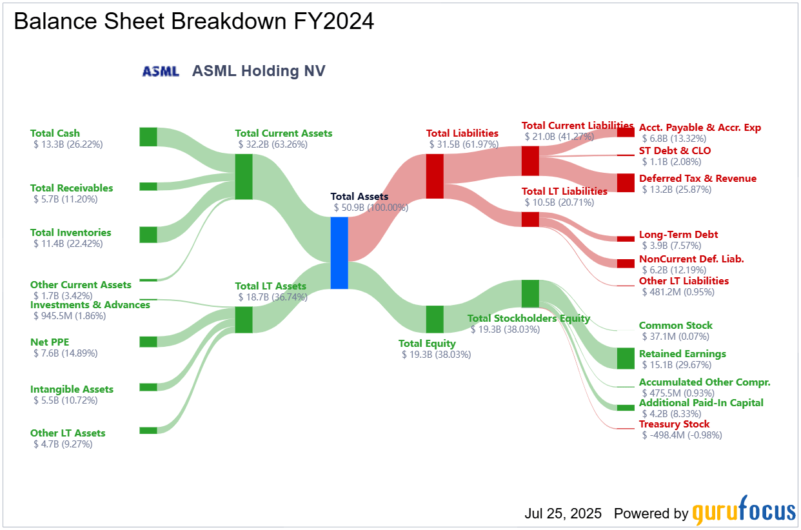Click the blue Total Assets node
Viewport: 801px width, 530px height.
(x=339, y=253)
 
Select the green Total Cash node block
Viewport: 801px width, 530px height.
(x=148, y=137)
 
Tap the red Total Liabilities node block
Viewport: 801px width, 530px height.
(x=435, y=176)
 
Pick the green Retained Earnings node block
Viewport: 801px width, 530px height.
(x=626, y=358)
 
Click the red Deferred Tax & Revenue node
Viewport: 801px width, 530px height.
(x=626, y=182)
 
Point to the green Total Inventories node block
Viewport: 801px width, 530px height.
(x=148, y=235)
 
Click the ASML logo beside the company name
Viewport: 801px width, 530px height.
(x=161, y=72)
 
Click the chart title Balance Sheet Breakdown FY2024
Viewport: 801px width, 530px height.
(x=194, y=21)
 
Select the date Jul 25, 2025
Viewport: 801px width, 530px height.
(x=563, y=514)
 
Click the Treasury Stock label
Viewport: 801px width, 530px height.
(x=674, y=424)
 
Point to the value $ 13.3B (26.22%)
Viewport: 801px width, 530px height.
(x=68, y=144)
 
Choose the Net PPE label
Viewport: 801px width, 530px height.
(x=50, y=342)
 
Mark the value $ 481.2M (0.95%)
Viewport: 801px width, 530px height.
(x=678, y=292)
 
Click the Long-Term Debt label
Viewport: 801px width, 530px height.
(x=678, y=235)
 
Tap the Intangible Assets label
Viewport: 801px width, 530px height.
(x=72, y=389)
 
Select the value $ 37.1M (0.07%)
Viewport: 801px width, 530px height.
(x=675, y=337)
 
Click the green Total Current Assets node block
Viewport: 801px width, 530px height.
(x=244, y=177)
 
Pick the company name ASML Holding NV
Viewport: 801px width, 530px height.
(x=259, y=71)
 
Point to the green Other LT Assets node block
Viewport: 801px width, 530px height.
(x=148, y=430)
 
